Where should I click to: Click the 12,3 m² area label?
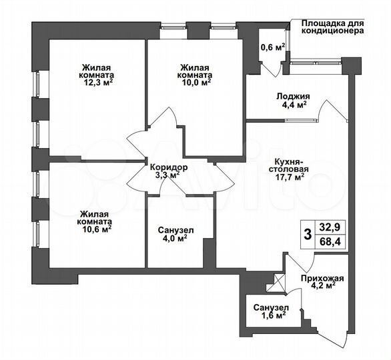tap(97, 83)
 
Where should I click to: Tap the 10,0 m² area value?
tap(195, 83)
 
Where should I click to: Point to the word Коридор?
tap(168, 167)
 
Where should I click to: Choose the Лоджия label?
tap(292, 95)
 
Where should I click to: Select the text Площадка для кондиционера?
tap(330, 26)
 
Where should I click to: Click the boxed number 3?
tap(307, 234)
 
